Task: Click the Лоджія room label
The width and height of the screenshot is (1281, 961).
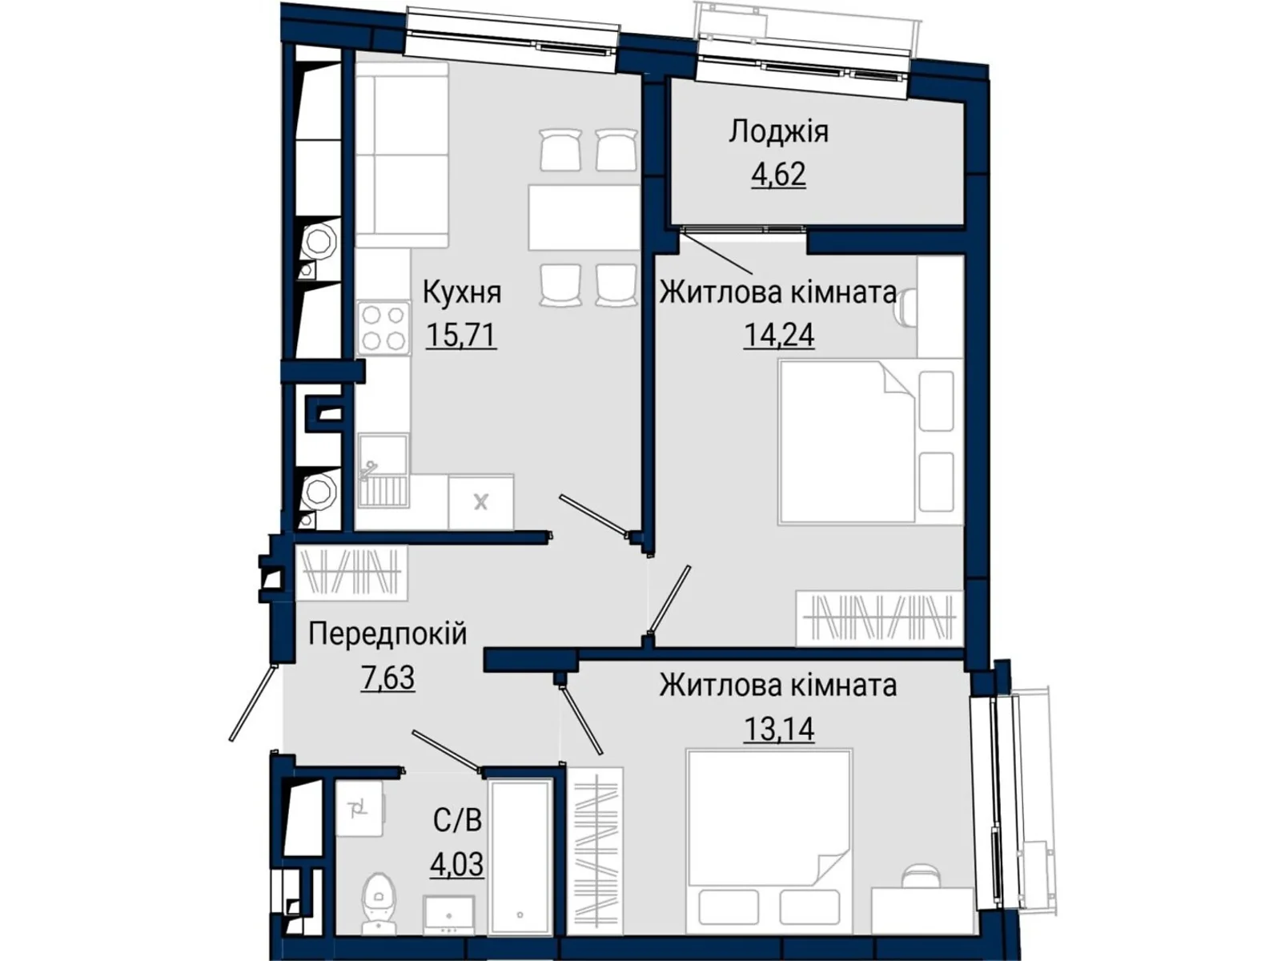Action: click(x=778, y=132)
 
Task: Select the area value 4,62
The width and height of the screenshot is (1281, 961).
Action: click(x=778, y=174)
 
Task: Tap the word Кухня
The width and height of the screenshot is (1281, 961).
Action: click(x=462, y=292)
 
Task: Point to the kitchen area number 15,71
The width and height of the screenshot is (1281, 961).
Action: click(x=461, y=335)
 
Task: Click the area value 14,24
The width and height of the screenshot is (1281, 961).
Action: click(x=778, y=335)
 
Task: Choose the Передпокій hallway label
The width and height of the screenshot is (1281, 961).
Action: click(x=388, y=633)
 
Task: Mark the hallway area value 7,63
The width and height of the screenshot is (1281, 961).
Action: click(x=388, y=678)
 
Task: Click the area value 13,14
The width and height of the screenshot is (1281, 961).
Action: click(x=778, y=729)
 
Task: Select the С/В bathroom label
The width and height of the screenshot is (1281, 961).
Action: click(x=457, y=820)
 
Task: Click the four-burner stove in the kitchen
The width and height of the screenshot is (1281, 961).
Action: click(x=383, y=328)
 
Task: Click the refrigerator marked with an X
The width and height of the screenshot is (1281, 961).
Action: click(x=481, y=501)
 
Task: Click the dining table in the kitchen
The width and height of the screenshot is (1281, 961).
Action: click(x=584, y=218)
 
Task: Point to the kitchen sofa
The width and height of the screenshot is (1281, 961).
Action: click(x=402, y=155)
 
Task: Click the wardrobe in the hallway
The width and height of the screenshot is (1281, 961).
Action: click(x=351, y=573)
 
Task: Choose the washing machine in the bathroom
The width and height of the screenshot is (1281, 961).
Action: click(x=359, y=809)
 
